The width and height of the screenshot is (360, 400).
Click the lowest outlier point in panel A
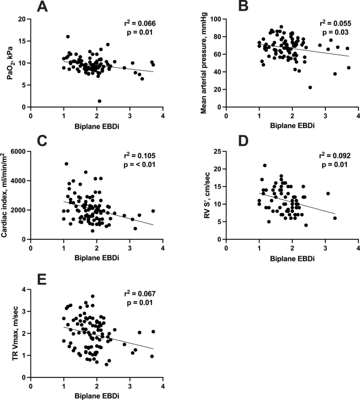coord(99,101)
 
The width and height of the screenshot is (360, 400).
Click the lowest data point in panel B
coord(310,87)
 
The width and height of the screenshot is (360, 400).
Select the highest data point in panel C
coord(67,164)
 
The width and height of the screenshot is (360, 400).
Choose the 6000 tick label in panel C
coord(18,151)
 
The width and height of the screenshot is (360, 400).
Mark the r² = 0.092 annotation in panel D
coord(335,156)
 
